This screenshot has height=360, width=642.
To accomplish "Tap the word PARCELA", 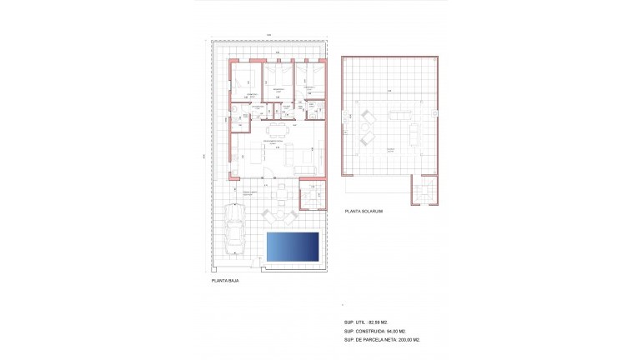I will coord(379,340).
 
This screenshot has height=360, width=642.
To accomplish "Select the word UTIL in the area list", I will coord(361,322).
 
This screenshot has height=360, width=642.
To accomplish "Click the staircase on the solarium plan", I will coord(424,191).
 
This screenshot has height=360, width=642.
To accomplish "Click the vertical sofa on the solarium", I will coord(414,133).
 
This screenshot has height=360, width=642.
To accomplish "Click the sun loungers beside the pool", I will coord(280,216).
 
